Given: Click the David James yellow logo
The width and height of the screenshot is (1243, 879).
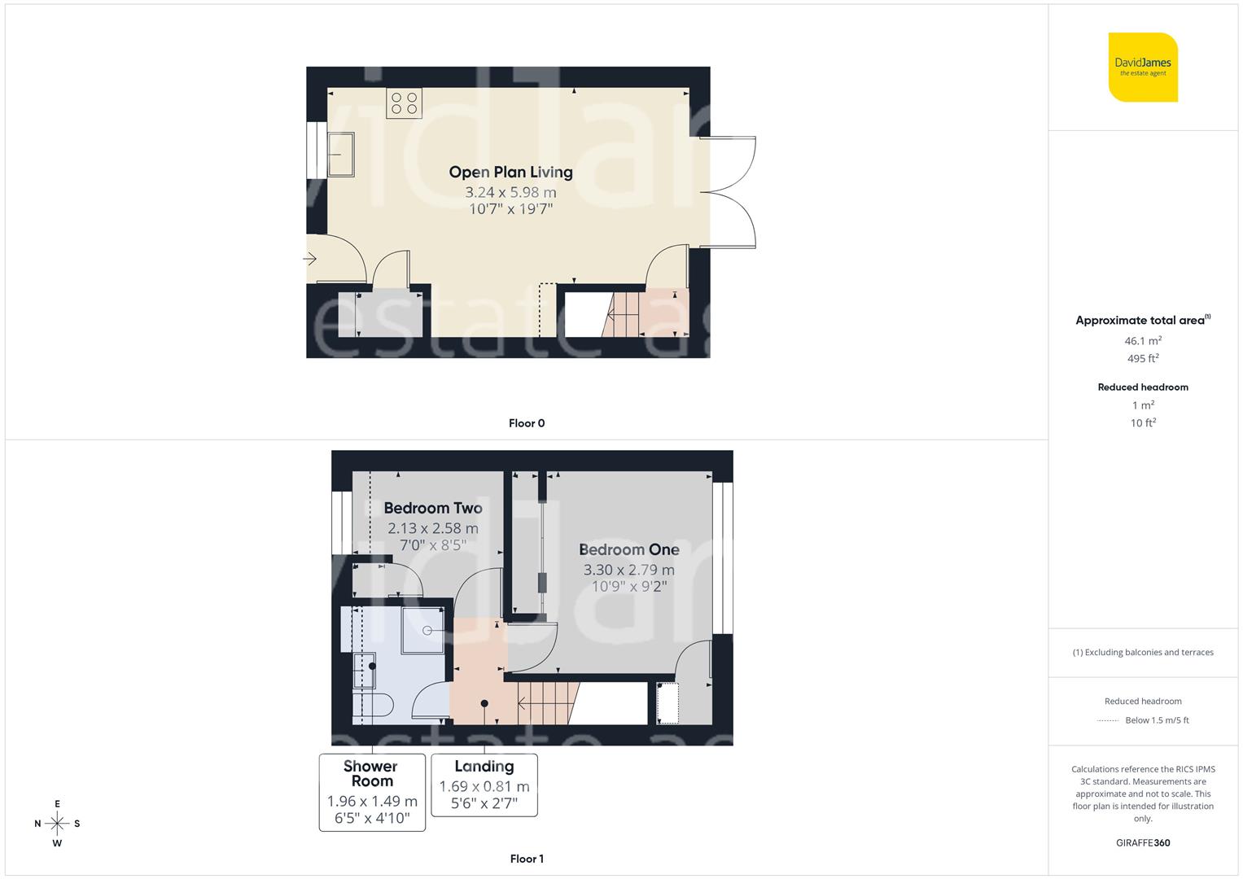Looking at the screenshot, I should click(1143, 67).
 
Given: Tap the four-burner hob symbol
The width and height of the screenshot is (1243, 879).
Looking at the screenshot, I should click(405, 103).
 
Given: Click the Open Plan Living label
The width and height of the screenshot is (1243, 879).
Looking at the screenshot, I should click(510, 172).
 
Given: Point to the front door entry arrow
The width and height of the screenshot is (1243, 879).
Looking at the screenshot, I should click(310, 260).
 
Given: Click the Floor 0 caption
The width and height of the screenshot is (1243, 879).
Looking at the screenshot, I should click(527, 423).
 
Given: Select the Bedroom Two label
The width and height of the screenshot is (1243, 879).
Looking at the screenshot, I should click(433, 508).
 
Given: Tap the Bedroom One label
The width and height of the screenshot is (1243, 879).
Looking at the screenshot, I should click(628, 549).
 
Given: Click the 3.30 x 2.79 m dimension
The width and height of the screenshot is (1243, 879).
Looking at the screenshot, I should click(628, 570).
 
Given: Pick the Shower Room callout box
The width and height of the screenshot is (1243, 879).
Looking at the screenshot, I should click(372, 792).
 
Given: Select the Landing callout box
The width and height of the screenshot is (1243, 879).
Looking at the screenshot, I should click(484, 785).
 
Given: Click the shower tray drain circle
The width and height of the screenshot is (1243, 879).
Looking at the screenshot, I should click(428, 630).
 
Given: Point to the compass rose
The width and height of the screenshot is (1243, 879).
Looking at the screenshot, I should click(57, 824).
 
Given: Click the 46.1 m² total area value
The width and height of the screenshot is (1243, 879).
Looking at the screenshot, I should click(1143, 341).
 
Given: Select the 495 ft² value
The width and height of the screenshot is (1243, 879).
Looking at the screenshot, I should click(1143, 358).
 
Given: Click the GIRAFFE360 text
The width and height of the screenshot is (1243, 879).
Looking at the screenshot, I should click(1143, 842).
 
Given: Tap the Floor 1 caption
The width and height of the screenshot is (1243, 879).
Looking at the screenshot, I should click(527, 859).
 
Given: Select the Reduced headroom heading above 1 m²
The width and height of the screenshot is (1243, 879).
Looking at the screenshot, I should click(1143, 387).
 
